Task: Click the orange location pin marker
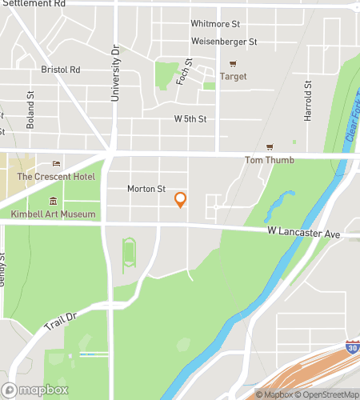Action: point(181,199)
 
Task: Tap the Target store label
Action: point(233,77)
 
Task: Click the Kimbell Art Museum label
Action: point(54,214)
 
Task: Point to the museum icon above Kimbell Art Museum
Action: point(54,201)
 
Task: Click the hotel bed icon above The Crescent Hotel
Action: point(56,164)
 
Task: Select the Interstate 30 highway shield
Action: point(352,347)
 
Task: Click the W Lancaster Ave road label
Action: point(304,234)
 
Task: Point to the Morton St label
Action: point(146,190)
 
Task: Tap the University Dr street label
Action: point(115,61)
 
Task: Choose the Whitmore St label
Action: point(215,24)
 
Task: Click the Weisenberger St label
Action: point(223,42)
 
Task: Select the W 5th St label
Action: point(190,119)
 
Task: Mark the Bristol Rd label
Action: point(61,70)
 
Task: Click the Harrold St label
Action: point(307,101)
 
